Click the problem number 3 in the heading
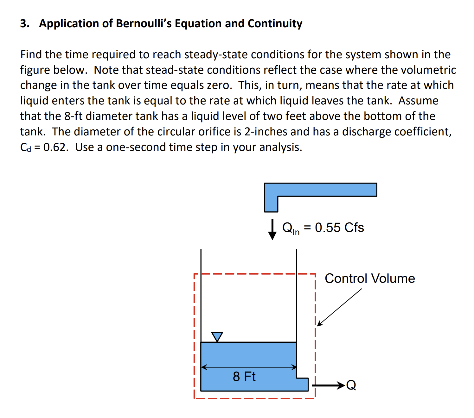pos(24,24)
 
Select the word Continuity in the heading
pos(275,24)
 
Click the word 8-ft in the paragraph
pos(73,116)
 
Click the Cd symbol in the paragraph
pos(26,147)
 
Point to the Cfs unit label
pos(354,228)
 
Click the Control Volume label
pos(370,278)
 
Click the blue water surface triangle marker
pos(217,336)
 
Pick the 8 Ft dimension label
pos(244,377)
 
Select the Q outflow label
pos(351,385)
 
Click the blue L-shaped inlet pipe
pos(320,190)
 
